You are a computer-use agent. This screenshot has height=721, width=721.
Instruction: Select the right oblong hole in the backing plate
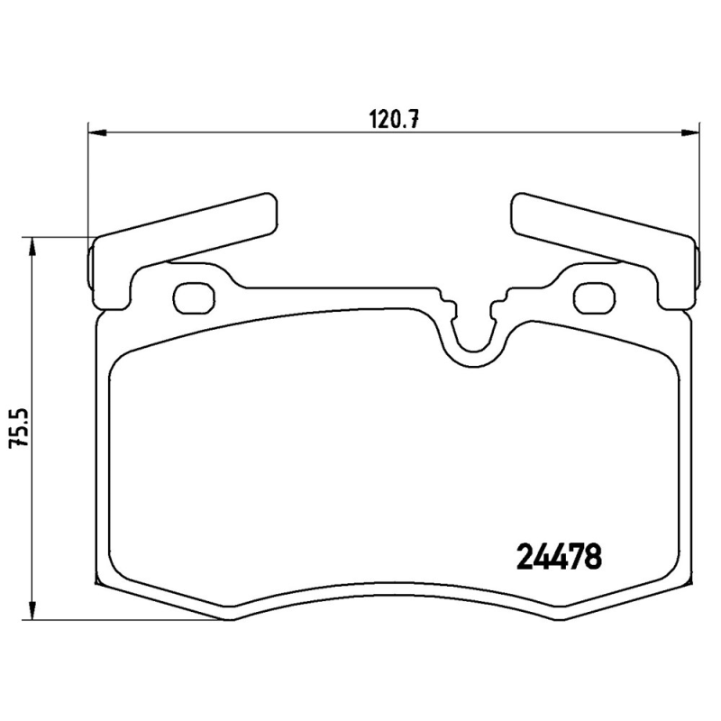[x=593, y=297]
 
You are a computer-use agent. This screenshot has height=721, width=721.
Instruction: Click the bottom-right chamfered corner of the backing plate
[x=631, y=598]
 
